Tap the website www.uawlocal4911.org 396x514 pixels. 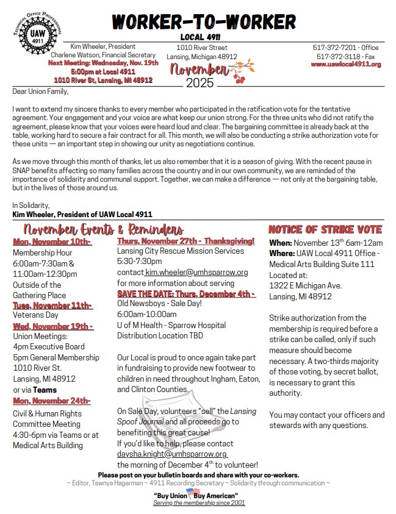345,65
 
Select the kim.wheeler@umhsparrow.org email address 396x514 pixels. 196,273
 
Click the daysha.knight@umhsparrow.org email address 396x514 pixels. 172,454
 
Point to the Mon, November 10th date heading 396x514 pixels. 52,242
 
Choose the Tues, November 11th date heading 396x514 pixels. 52,305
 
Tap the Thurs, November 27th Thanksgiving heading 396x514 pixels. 186,241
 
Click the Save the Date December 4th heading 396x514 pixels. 186,294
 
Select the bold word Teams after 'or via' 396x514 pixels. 45,390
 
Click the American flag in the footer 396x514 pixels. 193,491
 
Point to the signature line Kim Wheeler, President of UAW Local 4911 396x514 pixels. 82,214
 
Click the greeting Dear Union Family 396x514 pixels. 41,91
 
